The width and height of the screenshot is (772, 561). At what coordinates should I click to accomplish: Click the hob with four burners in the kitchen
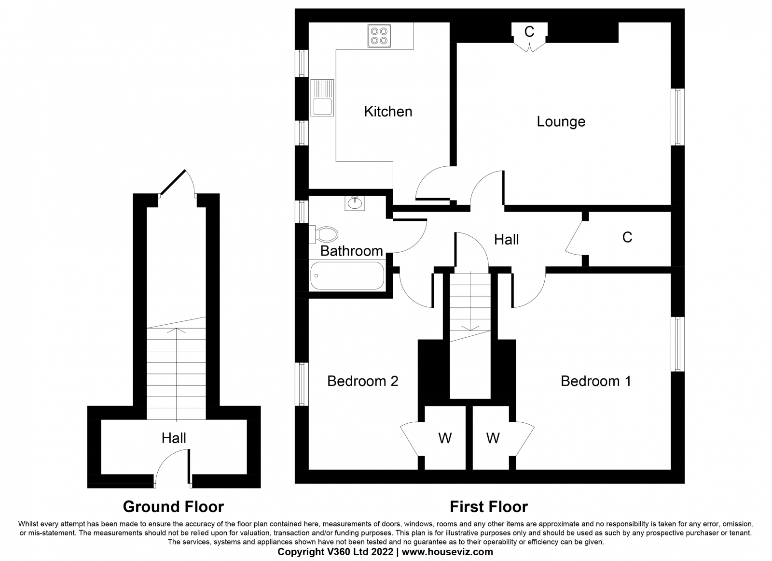[x=379, y=36]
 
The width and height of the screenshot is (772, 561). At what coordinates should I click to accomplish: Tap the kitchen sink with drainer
[x=322, y=98]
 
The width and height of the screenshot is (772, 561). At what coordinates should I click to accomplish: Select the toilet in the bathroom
[x=323, y=234]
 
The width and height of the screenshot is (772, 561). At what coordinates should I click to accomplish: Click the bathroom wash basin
[x=355, y=203]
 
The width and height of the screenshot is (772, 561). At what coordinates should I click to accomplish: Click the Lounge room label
[x=561, y=121]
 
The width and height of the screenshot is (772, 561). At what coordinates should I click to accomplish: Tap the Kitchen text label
[x=388, y=112]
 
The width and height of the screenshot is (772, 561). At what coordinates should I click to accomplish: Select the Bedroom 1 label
[x=596, y=381]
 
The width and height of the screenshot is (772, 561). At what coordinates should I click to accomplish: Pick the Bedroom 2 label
[x=362, y=381]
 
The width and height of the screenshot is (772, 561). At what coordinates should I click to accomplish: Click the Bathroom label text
[x=352, y=251]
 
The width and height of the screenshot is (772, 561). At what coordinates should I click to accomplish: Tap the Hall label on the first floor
[x=506, y=240]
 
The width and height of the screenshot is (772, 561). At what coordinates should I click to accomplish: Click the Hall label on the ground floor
[x=174, y=438]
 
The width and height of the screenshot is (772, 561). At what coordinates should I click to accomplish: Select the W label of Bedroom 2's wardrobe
[x=445, y=438]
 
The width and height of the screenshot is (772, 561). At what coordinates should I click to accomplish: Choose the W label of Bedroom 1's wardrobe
[x=493, y=438]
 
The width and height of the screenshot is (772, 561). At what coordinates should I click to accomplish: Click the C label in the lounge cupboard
[x=529, y=32]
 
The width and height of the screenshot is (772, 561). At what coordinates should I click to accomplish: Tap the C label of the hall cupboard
[x=627, y=237]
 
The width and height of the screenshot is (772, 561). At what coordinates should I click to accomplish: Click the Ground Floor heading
[x=173, y=507]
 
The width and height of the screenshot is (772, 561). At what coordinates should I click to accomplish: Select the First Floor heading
[x=489, y=507]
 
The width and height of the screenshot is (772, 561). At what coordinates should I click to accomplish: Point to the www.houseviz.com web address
[x=447, y=552]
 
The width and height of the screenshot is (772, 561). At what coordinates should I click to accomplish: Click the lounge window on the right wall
[x=677, y=117]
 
